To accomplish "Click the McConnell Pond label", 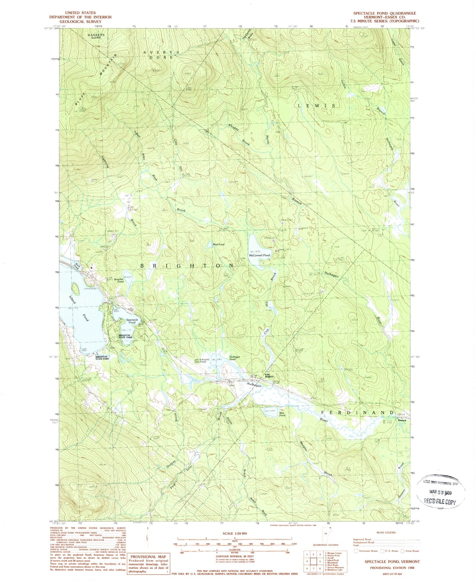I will [259, 255].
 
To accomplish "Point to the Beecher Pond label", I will [118, 280].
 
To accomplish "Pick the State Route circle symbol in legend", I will [404, 551].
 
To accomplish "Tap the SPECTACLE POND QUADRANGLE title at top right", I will [384, 13].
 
